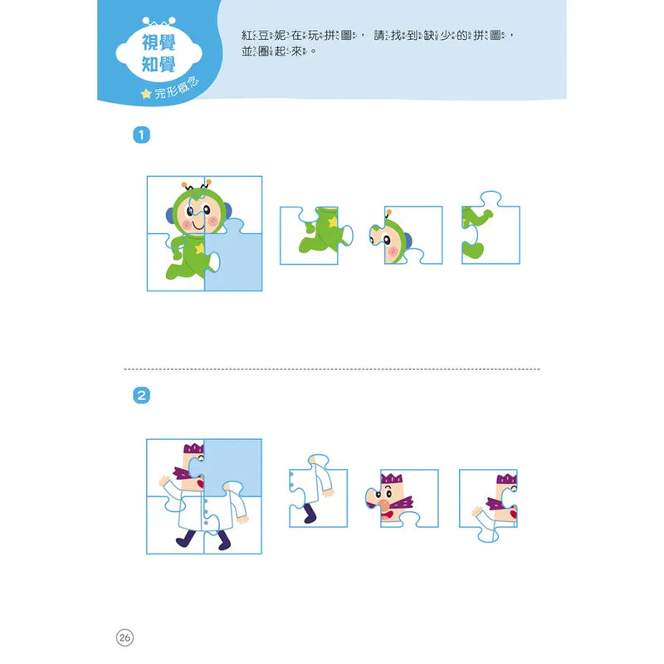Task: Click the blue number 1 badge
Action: click(141, 135)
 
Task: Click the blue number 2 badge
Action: click(141, 396)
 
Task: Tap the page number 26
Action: click(124, 637)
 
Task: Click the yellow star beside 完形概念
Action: click(146, 94)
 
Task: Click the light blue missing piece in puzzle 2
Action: click(235, 466)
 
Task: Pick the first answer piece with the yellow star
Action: click(316, 236)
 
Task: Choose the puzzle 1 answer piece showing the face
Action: click(406, 236)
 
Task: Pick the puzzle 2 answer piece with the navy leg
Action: click(318, 491)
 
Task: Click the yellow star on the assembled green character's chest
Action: click(199, 248)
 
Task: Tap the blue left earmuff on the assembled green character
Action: click(169, 215)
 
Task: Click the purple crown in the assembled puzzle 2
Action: click(193, 448)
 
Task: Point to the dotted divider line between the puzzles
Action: click(332, 369)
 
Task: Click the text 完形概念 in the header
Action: click(177, 88)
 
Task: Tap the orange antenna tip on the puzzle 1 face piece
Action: click(388, 212)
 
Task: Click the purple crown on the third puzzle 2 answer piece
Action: click(506, 479)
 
